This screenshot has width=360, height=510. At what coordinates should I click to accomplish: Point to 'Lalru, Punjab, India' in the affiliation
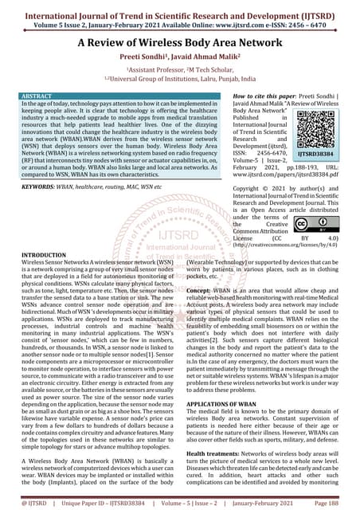pos(231,79)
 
